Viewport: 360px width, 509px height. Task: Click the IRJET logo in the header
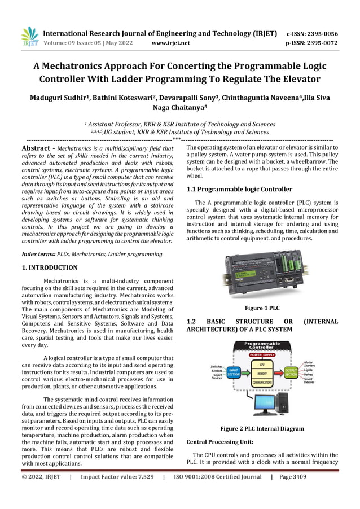[x=29, y=37]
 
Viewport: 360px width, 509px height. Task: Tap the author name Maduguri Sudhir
[x=55, y=98]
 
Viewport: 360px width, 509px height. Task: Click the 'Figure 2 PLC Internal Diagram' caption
[x=262, y=428]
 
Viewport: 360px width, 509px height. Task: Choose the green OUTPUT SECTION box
[x=291, y=373]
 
